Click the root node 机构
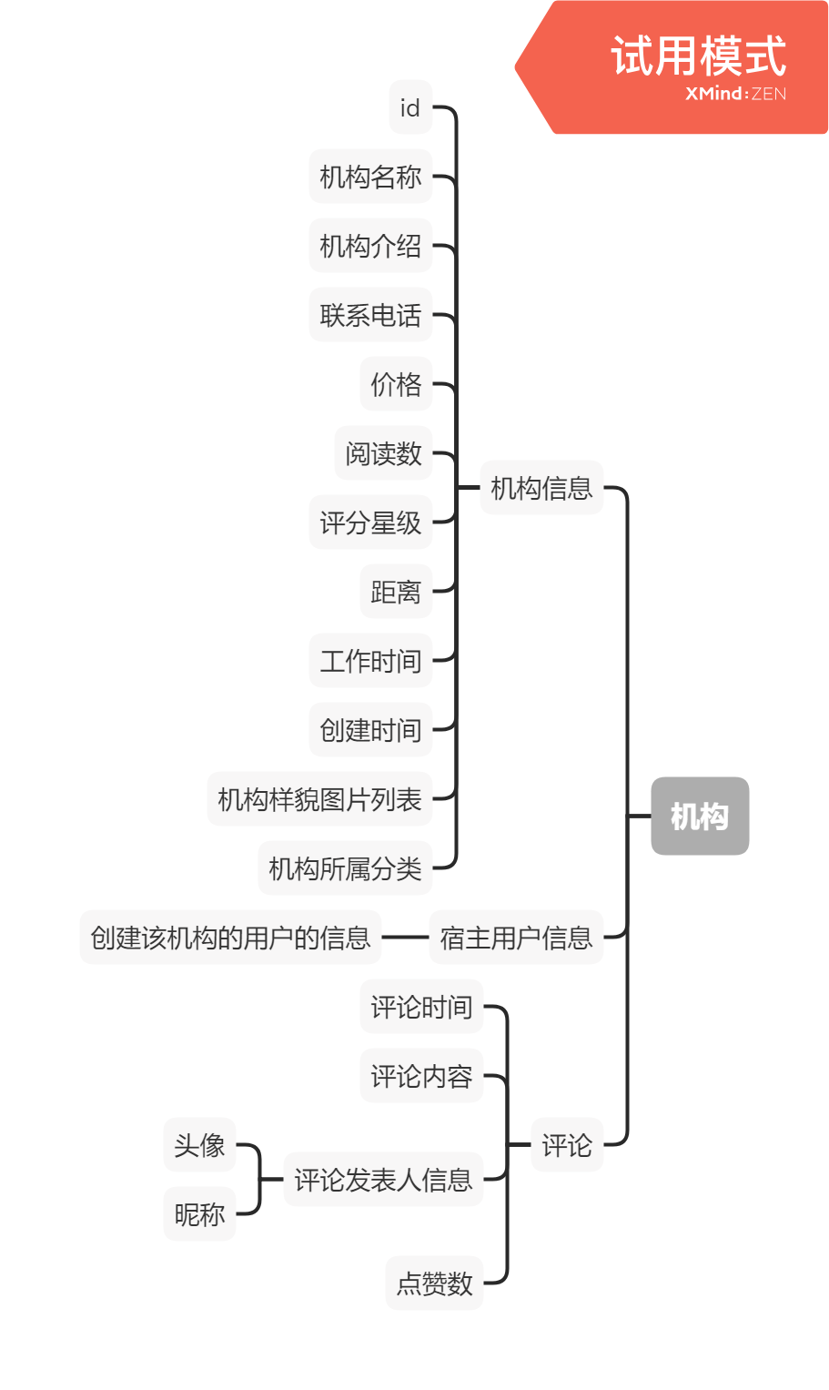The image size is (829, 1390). tap(699, 817)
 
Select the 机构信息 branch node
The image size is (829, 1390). tap(541, 488)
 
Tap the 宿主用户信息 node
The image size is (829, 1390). tap(516, 937)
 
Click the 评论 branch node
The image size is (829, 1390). tap(566, 1144)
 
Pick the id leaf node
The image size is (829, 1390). tap(409, 107)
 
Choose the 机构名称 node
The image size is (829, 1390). tap(370, 177)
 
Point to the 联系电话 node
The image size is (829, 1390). tap(370, 315)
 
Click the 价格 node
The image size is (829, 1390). tap(396, 384)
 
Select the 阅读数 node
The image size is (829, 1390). tap(383, 453)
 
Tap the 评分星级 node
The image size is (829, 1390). tap(370, 523)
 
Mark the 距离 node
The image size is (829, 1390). tap(396, 592)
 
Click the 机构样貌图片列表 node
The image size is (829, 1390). tap(319, 799)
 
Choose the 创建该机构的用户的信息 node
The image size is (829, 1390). tap(230, 937)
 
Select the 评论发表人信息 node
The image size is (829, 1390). tap(383, 1180)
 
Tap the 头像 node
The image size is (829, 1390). tap(199, 1144)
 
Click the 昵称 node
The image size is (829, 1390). tap(199, 1213)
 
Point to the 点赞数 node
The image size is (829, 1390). tap(434, 1283)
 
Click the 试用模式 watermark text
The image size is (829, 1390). tap(698, 56)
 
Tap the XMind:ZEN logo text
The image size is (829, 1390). tap(735, 94)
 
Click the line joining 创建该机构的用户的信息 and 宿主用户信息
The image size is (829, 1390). tap(405, 937)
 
